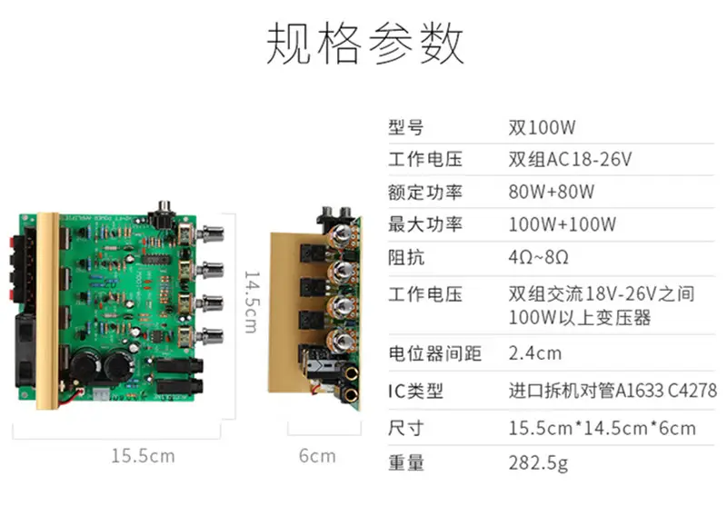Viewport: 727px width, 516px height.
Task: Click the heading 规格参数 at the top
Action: [365, 43]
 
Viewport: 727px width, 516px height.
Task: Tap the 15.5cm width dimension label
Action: [144, 456]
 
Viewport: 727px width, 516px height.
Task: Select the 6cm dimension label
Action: [317, 456]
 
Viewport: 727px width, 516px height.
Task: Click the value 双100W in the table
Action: [542, 127]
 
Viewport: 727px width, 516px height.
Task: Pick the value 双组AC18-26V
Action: [570, 160]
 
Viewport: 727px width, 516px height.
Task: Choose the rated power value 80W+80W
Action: [552, 192]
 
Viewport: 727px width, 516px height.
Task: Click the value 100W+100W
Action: [563, 225]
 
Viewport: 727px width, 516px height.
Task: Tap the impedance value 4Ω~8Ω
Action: [538, 257]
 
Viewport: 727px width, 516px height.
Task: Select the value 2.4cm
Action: [535, 353]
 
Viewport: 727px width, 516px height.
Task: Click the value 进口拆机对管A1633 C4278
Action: [612, 391]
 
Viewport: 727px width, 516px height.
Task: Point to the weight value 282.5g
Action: [538, 463]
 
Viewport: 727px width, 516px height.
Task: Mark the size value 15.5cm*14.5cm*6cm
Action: [603, 428]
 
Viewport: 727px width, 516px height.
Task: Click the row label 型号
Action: [406, 127]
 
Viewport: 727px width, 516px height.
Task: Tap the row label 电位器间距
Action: [435, 353]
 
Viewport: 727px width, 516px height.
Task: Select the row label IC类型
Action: [416, 392]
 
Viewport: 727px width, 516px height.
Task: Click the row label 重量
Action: [406, 463]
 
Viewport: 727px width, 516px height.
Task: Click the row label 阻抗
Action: [406, 257]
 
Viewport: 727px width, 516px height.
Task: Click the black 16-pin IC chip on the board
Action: [155, 259]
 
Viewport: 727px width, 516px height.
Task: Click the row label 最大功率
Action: [425, 225]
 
